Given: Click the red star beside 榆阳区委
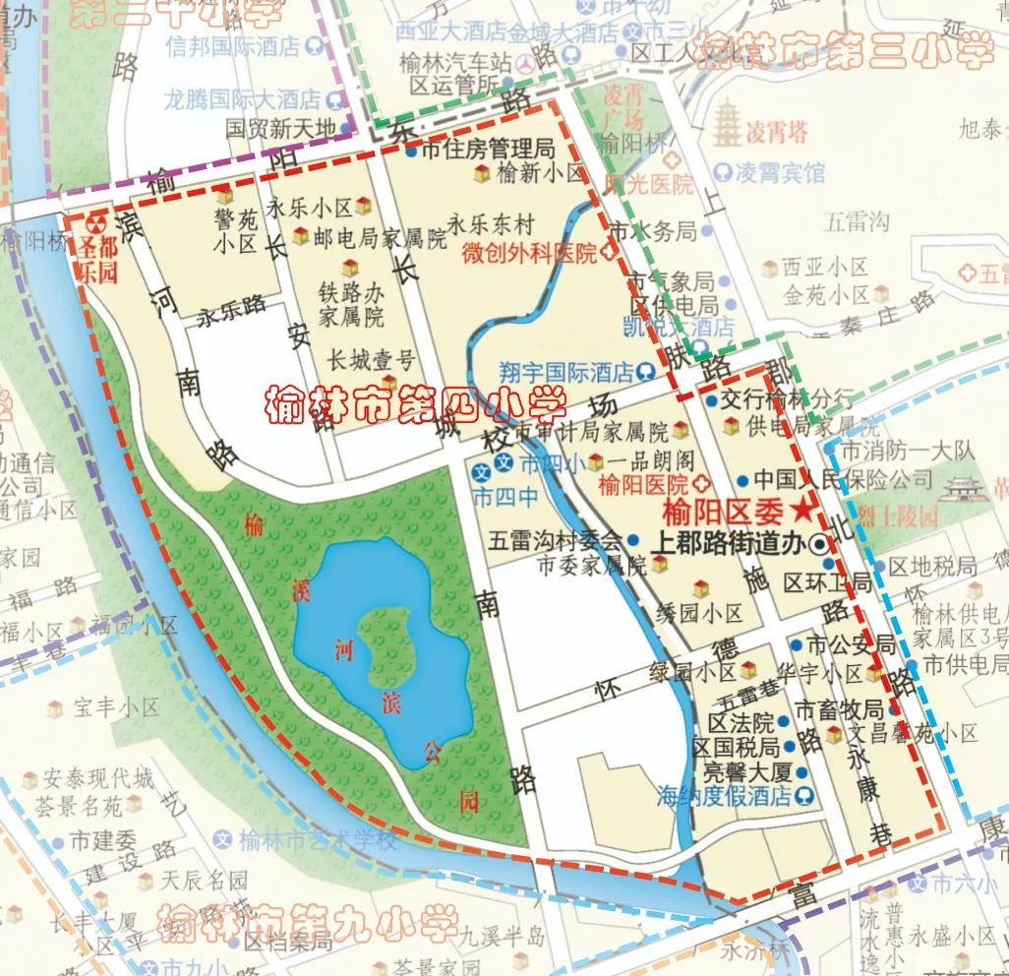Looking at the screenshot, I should [x=804, y=510].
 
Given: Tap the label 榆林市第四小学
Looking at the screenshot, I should [x=415, y=404].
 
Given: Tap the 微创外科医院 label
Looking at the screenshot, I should [x=530, y=253].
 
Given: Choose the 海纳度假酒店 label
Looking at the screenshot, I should [x=724, y=795].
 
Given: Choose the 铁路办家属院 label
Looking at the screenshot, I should [x=351, y=304].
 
